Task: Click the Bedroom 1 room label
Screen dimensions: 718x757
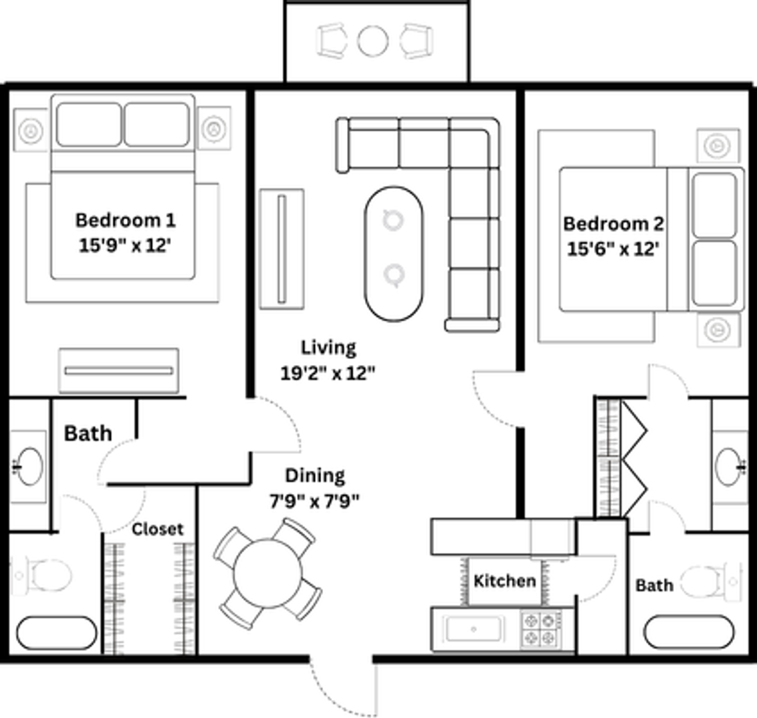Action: [126, 220]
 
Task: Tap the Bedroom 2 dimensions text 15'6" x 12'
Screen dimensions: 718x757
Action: [613, 249]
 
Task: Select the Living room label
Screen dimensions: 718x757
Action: [328, 348]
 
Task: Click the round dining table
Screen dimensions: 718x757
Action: [268, 574]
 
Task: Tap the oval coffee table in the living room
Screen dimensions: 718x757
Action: [393, 253]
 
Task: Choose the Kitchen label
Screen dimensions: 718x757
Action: [504, 581]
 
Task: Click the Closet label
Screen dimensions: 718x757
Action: [158, 529]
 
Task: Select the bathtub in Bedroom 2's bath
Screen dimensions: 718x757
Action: [689, 632]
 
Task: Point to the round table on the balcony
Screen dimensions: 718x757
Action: [372, 41]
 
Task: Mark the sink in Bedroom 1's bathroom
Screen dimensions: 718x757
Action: [28, 465]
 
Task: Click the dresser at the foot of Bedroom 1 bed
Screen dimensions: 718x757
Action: [118, 370]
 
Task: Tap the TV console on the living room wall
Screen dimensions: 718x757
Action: [282, 249]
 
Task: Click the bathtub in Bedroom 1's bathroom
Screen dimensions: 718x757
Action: [56, 633]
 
